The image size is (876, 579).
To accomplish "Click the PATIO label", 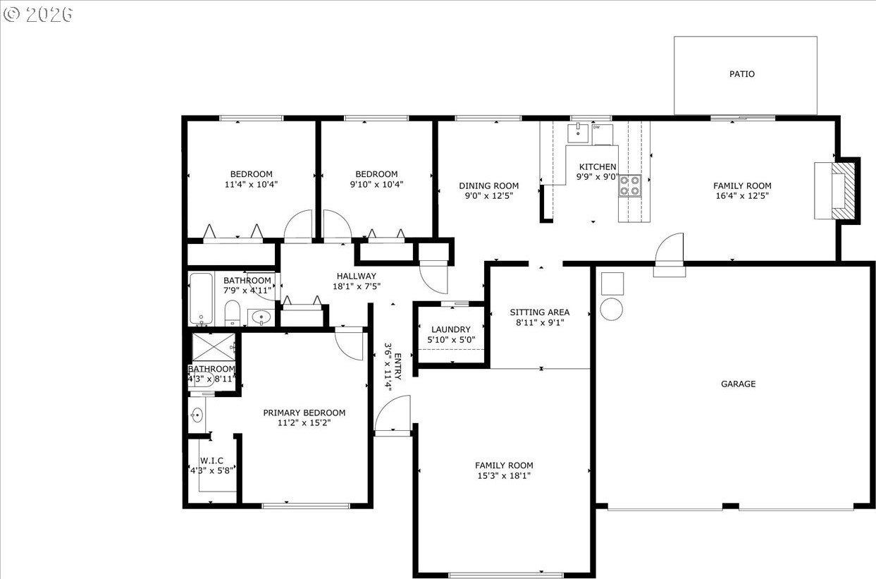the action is tap(742, 74).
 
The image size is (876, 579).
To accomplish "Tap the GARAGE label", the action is tap(738, 384).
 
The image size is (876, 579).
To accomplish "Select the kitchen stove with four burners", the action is tap(629, 185).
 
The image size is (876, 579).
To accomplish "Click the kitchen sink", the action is tap(578, 133).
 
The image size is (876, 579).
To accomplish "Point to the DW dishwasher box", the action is tap(603, 135).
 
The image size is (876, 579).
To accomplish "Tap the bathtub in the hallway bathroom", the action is tap(201, 299).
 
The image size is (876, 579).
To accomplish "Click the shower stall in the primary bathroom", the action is tap(214, 346).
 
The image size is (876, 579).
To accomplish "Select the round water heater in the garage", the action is tap(611, 309).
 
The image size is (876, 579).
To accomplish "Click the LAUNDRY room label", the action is tap(450, 329).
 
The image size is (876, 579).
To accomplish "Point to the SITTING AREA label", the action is tap(539, 312).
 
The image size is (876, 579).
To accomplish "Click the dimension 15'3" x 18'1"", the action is tap(504, 476).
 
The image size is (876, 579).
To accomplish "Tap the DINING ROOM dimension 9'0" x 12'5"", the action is tap(488, 195).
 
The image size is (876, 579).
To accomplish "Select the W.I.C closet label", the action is tap(211, 461).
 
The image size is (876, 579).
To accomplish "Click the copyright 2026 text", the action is tap(38, 15).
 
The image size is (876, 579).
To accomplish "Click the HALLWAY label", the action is tap(357, 276).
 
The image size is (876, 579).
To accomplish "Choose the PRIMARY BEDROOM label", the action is tap(304, 413).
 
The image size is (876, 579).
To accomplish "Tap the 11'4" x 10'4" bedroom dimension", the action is tap(251, 184).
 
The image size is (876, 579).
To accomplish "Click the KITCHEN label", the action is tap(597, 166).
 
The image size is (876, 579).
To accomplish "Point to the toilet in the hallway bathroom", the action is tap(232, 313).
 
